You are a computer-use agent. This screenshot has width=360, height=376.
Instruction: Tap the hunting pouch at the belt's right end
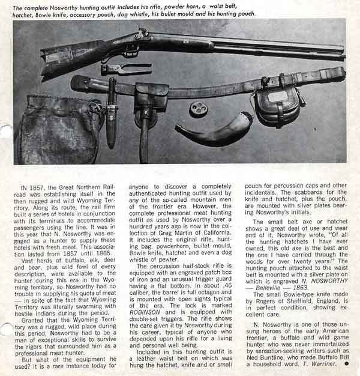(x=276, y=105)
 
